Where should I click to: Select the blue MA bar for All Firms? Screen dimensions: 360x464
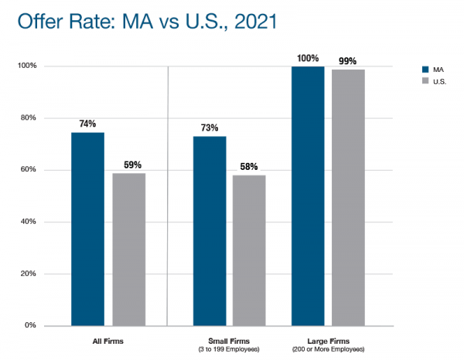pyautogui.click(x=87, y=229)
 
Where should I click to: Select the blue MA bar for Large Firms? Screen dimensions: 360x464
pyautogui.click(x=308, y=195)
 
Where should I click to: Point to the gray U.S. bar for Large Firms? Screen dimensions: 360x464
pyautogui.click(x=348, y=197)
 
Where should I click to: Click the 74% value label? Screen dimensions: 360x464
pyautogui.click(x=87, y=124)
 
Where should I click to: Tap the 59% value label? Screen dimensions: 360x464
pyautogui.click(x=129, y=165)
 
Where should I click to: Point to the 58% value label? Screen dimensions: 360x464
pyautogui.click(x=249, y=167)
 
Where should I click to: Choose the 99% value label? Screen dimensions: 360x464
pyautogui.click(x=348, y=61)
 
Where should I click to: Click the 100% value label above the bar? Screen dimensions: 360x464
pyautogui.click(x=308, y=58)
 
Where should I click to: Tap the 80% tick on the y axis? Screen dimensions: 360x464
pyautogui.click(x=29, y=118)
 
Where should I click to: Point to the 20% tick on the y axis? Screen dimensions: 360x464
pyautogui.click(x=29, y=274)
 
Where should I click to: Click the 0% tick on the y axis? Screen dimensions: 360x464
pyautogui.click(x=31, y=326)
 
